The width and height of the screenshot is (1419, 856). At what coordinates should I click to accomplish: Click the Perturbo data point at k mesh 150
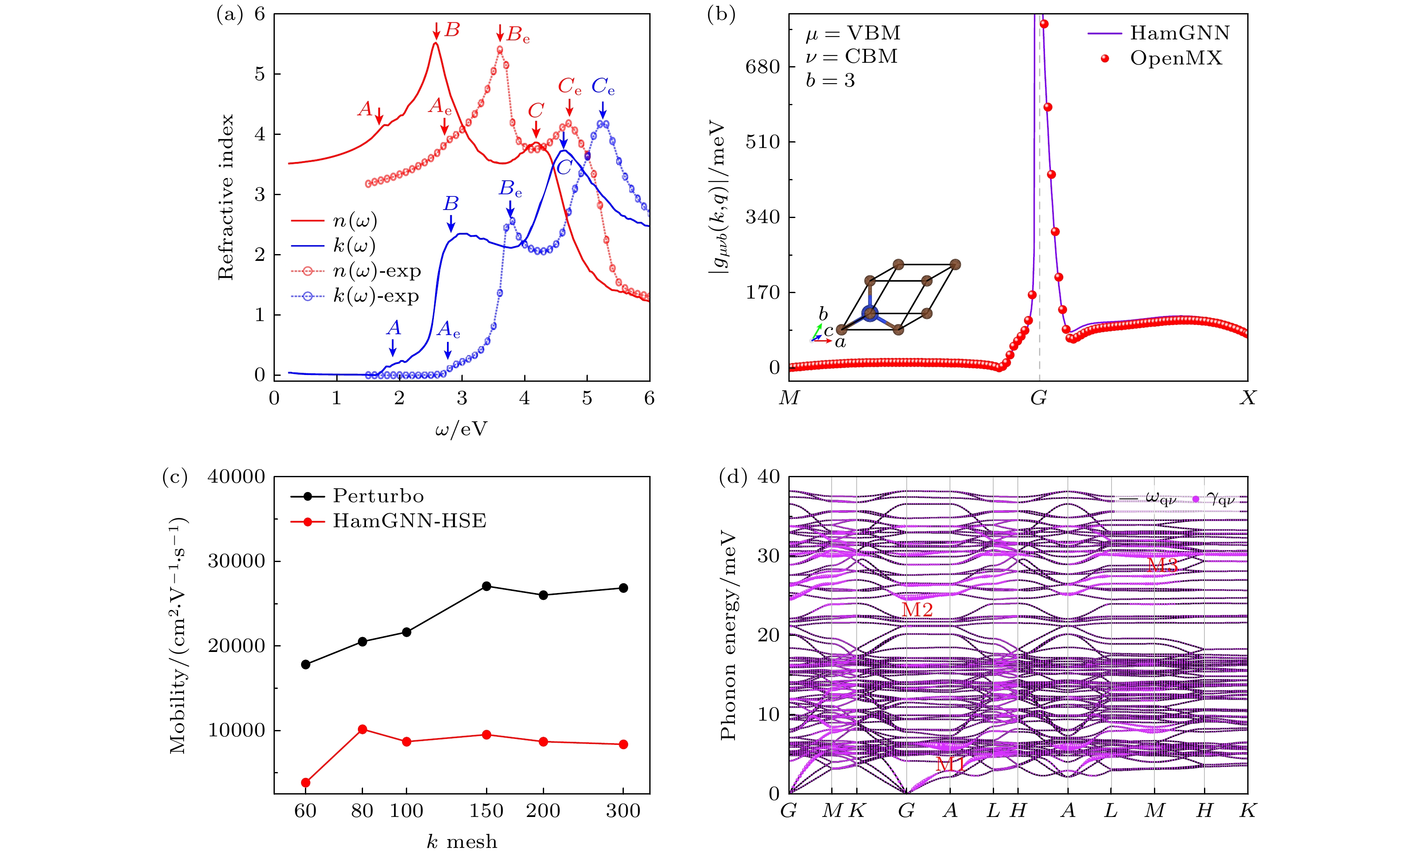click(486, 586)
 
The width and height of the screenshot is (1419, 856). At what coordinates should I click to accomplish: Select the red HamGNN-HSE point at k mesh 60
click(306, 782)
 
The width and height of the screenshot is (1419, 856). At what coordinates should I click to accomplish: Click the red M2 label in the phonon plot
click(917, 610)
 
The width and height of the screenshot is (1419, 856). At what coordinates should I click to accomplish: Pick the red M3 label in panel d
click(1162, 565)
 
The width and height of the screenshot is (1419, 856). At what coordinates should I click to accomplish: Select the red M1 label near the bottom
click(950, 764)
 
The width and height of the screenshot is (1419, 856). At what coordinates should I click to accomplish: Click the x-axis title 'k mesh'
click(462, 842)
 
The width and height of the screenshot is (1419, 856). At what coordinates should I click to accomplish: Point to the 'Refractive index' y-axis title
click(226, 197)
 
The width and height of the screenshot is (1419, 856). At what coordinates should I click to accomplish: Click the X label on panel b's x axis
click(1247, 398)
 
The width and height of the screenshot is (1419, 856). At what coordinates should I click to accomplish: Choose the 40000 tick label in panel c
click(236, 477)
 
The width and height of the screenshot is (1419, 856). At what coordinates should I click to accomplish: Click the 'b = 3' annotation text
click(830, 81)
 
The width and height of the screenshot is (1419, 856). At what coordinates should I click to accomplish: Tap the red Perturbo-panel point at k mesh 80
click(362, 729)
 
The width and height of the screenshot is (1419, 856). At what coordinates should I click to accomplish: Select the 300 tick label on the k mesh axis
click(623, 811)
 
